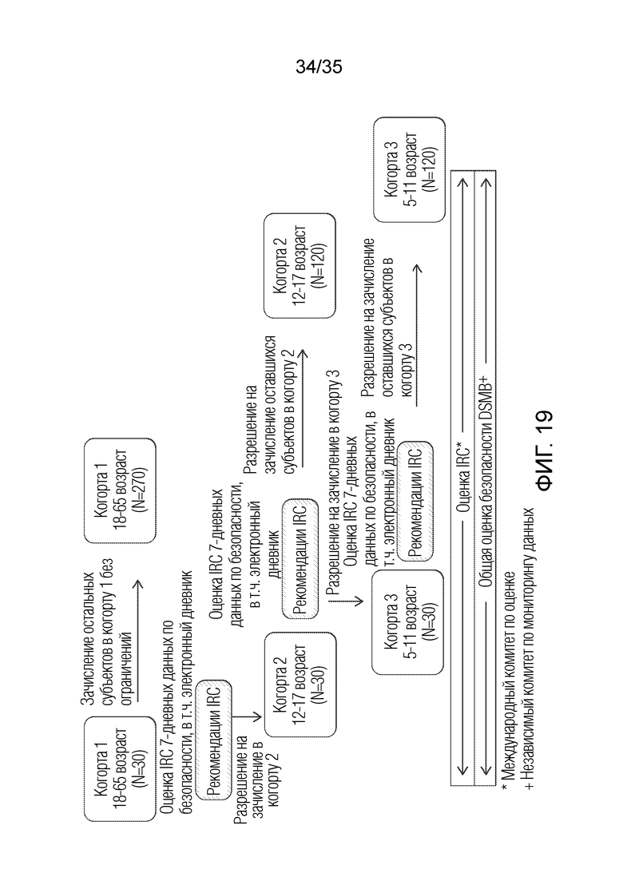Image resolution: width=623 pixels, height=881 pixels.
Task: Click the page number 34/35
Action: point(319,67)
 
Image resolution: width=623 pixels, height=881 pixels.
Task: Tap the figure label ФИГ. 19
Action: point(544,450)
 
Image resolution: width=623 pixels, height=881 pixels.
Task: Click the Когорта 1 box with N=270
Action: point(120,490)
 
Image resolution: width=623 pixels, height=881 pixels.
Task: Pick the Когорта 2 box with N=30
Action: point(300,685)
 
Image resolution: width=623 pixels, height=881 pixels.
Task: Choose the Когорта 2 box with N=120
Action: point(300,265)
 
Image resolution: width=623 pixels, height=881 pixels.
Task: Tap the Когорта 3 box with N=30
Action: point(407,622)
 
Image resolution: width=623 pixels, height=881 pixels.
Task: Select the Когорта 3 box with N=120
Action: point(410,169)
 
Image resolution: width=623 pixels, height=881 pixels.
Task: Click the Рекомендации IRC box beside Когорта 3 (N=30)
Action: point(415,501)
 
